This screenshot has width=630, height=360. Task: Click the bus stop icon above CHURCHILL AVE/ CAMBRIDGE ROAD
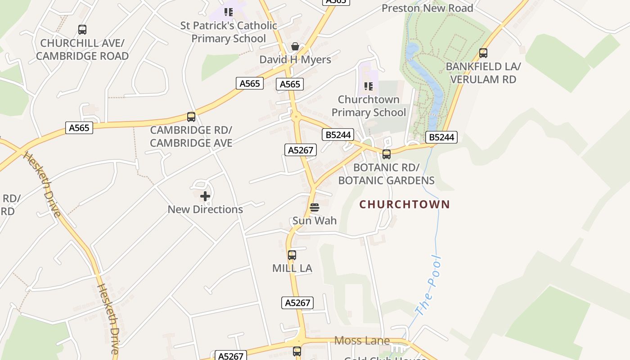[x=82, y=30]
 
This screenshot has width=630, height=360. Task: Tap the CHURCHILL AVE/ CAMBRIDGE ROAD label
[x=82, y=49]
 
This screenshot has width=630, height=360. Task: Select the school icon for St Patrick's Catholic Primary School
[x=229, y=12]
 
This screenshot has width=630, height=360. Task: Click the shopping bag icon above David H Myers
[x=295, y=46]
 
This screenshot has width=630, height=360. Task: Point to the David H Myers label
[x=295, y=59]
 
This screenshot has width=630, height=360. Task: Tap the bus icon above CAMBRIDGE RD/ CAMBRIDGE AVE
[x=191, y=117]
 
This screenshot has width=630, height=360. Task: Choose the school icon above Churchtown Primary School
[x=369, y=86]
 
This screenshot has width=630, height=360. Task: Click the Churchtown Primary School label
[x=369, y=106]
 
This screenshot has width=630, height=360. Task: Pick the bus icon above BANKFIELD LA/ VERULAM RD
[x=483, y=53]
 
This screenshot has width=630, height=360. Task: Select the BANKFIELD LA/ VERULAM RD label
[x=483, y=73]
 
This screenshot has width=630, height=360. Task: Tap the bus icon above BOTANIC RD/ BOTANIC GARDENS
[x=387, y=154]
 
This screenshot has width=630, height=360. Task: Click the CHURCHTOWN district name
[x=405, y=204]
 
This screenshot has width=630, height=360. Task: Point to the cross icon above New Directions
[x=205, y=196]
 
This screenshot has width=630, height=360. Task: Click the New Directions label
[x=205, y=209]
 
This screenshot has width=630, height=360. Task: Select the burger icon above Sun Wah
[x=315, y=207]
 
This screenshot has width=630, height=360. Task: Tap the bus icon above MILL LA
[x=292, y=255]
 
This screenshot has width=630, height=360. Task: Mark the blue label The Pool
[x=428, y=286]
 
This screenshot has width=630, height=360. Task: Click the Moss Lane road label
[x=362, y=341]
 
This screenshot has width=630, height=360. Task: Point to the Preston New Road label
[x=427, y=8]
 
